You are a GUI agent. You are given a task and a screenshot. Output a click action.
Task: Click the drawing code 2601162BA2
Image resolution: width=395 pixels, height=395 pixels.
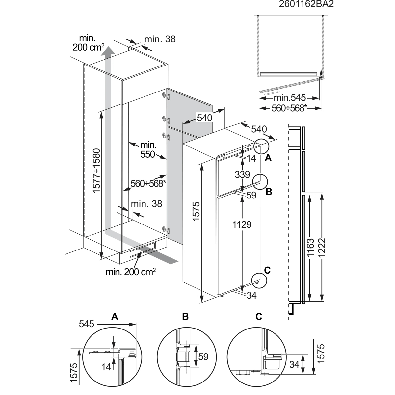tap(306, 4)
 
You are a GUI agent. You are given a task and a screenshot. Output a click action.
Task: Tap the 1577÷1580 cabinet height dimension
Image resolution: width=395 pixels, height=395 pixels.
tap(96, 171)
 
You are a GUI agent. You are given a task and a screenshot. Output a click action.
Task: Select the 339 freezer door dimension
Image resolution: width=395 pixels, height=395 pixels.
tap(242, 175)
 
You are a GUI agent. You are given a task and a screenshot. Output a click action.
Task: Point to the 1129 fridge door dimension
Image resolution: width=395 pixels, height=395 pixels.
tap(242, 225)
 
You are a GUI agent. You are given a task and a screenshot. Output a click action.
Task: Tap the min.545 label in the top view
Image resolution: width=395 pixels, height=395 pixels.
tap(290, 98)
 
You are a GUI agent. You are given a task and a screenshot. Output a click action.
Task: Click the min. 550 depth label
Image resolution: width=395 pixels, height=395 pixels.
tap(148, 150)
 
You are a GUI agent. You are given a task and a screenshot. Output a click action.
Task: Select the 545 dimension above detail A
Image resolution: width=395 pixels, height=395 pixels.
tap(87, 324)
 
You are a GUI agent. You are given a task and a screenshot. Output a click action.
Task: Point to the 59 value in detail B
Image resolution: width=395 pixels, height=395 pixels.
tap(203, 357)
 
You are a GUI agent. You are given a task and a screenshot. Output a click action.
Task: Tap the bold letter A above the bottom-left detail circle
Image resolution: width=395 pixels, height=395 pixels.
tap(115, 316)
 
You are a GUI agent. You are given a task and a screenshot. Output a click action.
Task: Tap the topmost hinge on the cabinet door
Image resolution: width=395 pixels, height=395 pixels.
tap(166, 96)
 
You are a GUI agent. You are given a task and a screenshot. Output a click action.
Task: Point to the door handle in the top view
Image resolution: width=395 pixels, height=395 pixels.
tap(272, 92)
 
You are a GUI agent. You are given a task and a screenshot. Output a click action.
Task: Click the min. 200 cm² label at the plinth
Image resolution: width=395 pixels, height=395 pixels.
tap(131, 272)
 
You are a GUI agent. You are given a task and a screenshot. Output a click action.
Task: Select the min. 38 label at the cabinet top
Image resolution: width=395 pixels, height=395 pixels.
tap(160, 39)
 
